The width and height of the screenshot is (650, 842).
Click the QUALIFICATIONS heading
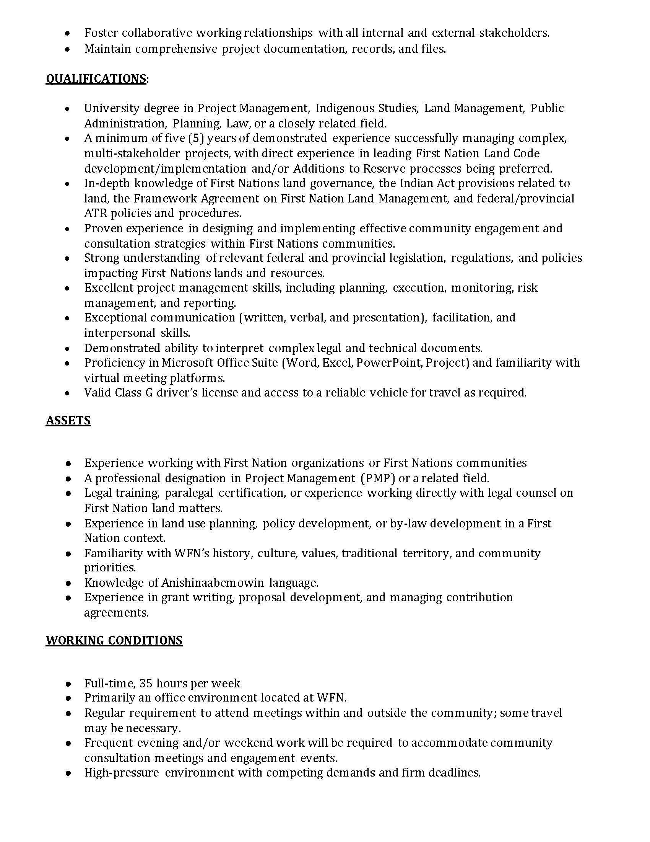[x=96, y=78]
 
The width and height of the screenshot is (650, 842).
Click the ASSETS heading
[x=68, y=420]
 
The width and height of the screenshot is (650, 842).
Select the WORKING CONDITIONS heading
[x=114, y=640]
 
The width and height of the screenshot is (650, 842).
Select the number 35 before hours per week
[x=146, y=684]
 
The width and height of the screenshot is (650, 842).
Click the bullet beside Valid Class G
[x=68, y=393]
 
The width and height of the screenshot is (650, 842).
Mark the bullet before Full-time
[x=68, y=684]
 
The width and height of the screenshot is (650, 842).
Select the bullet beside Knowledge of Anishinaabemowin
[x=68, y=583]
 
